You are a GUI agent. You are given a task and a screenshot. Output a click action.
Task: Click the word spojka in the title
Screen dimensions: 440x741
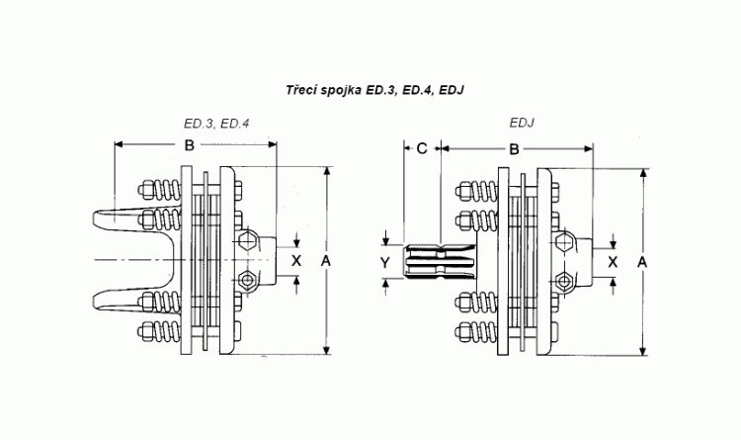tap(342, 90)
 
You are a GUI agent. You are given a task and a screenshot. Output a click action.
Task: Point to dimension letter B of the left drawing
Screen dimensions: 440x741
tap(188, 146)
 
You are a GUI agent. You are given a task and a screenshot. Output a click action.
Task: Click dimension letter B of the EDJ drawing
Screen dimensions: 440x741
tap(514, 148)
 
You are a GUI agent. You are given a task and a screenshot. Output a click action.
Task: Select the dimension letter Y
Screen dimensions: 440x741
tap(385, 261)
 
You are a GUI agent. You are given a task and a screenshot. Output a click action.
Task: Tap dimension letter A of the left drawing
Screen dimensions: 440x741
tap(325, 259)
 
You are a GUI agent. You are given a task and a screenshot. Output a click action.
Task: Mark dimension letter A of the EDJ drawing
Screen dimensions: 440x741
tap(643, 261)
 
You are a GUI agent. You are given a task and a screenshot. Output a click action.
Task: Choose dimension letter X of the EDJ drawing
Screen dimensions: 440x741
tap(613, 261)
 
